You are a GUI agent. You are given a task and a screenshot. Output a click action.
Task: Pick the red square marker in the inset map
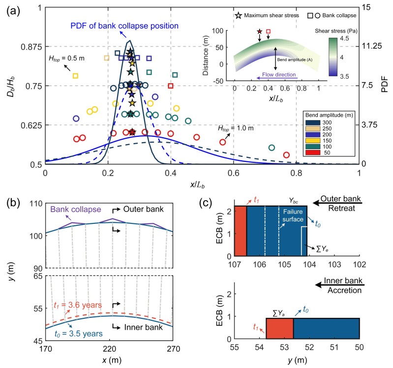tap(268, 31)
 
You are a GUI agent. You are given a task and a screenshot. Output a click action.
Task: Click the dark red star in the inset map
tap(259, 32)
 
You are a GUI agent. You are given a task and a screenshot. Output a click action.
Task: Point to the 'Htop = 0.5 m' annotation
tap(66, 58)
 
